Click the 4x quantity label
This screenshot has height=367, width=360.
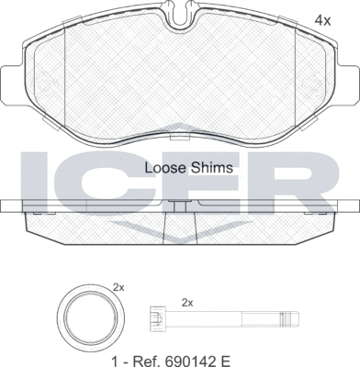[323, 21]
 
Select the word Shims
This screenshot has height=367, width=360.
[216, 168]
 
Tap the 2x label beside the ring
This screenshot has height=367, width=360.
[118, 287]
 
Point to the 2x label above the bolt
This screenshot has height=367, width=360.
[187, 303]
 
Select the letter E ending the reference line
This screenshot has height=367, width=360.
[225, 361]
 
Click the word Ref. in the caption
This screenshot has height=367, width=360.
[144, 361]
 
